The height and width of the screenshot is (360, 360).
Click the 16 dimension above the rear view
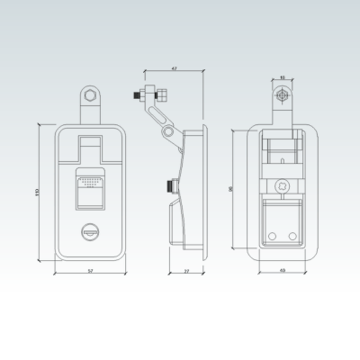click(282, 77)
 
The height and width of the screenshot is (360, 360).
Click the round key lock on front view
click(90, 232)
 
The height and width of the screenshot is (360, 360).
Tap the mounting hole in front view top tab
click(90, 96)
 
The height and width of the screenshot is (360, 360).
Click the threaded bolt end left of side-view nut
click(141, 94)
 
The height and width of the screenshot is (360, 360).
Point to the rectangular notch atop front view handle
click(90, 141)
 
